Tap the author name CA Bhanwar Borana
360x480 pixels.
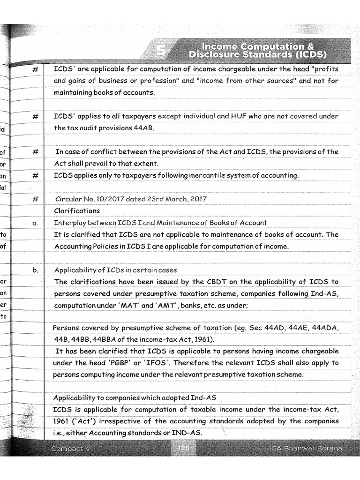tap(307, 449)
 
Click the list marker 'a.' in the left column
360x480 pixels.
tap(35, 223)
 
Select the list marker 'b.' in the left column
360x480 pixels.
tap(35, 270)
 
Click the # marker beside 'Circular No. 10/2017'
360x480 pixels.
tap(35, 199)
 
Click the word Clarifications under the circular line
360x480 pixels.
tap(77, 211)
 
